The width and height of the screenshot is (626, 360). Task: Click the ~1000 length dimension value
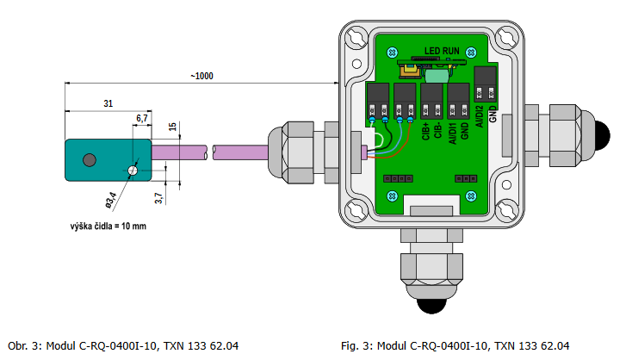[202, 76]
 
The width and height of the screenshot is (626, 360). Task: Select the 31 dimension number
[108, 103]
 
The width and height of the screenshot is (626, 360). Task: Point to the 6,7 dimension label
[142, 117]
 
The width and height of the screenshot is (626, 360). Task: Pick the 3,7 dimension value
[159, 198]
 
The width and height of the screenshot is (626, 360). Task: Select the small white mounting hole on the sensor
[132, 171]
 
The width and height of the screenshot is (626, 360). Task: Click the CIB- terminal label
[438, 130]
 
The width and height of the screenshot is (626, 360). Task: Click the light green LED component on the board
[435, 76]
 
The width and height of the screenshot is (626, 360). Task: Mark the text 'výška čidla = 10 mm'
[108, 227]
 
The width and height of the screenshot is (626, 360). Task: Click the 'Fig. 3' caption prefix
[356, 345]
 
